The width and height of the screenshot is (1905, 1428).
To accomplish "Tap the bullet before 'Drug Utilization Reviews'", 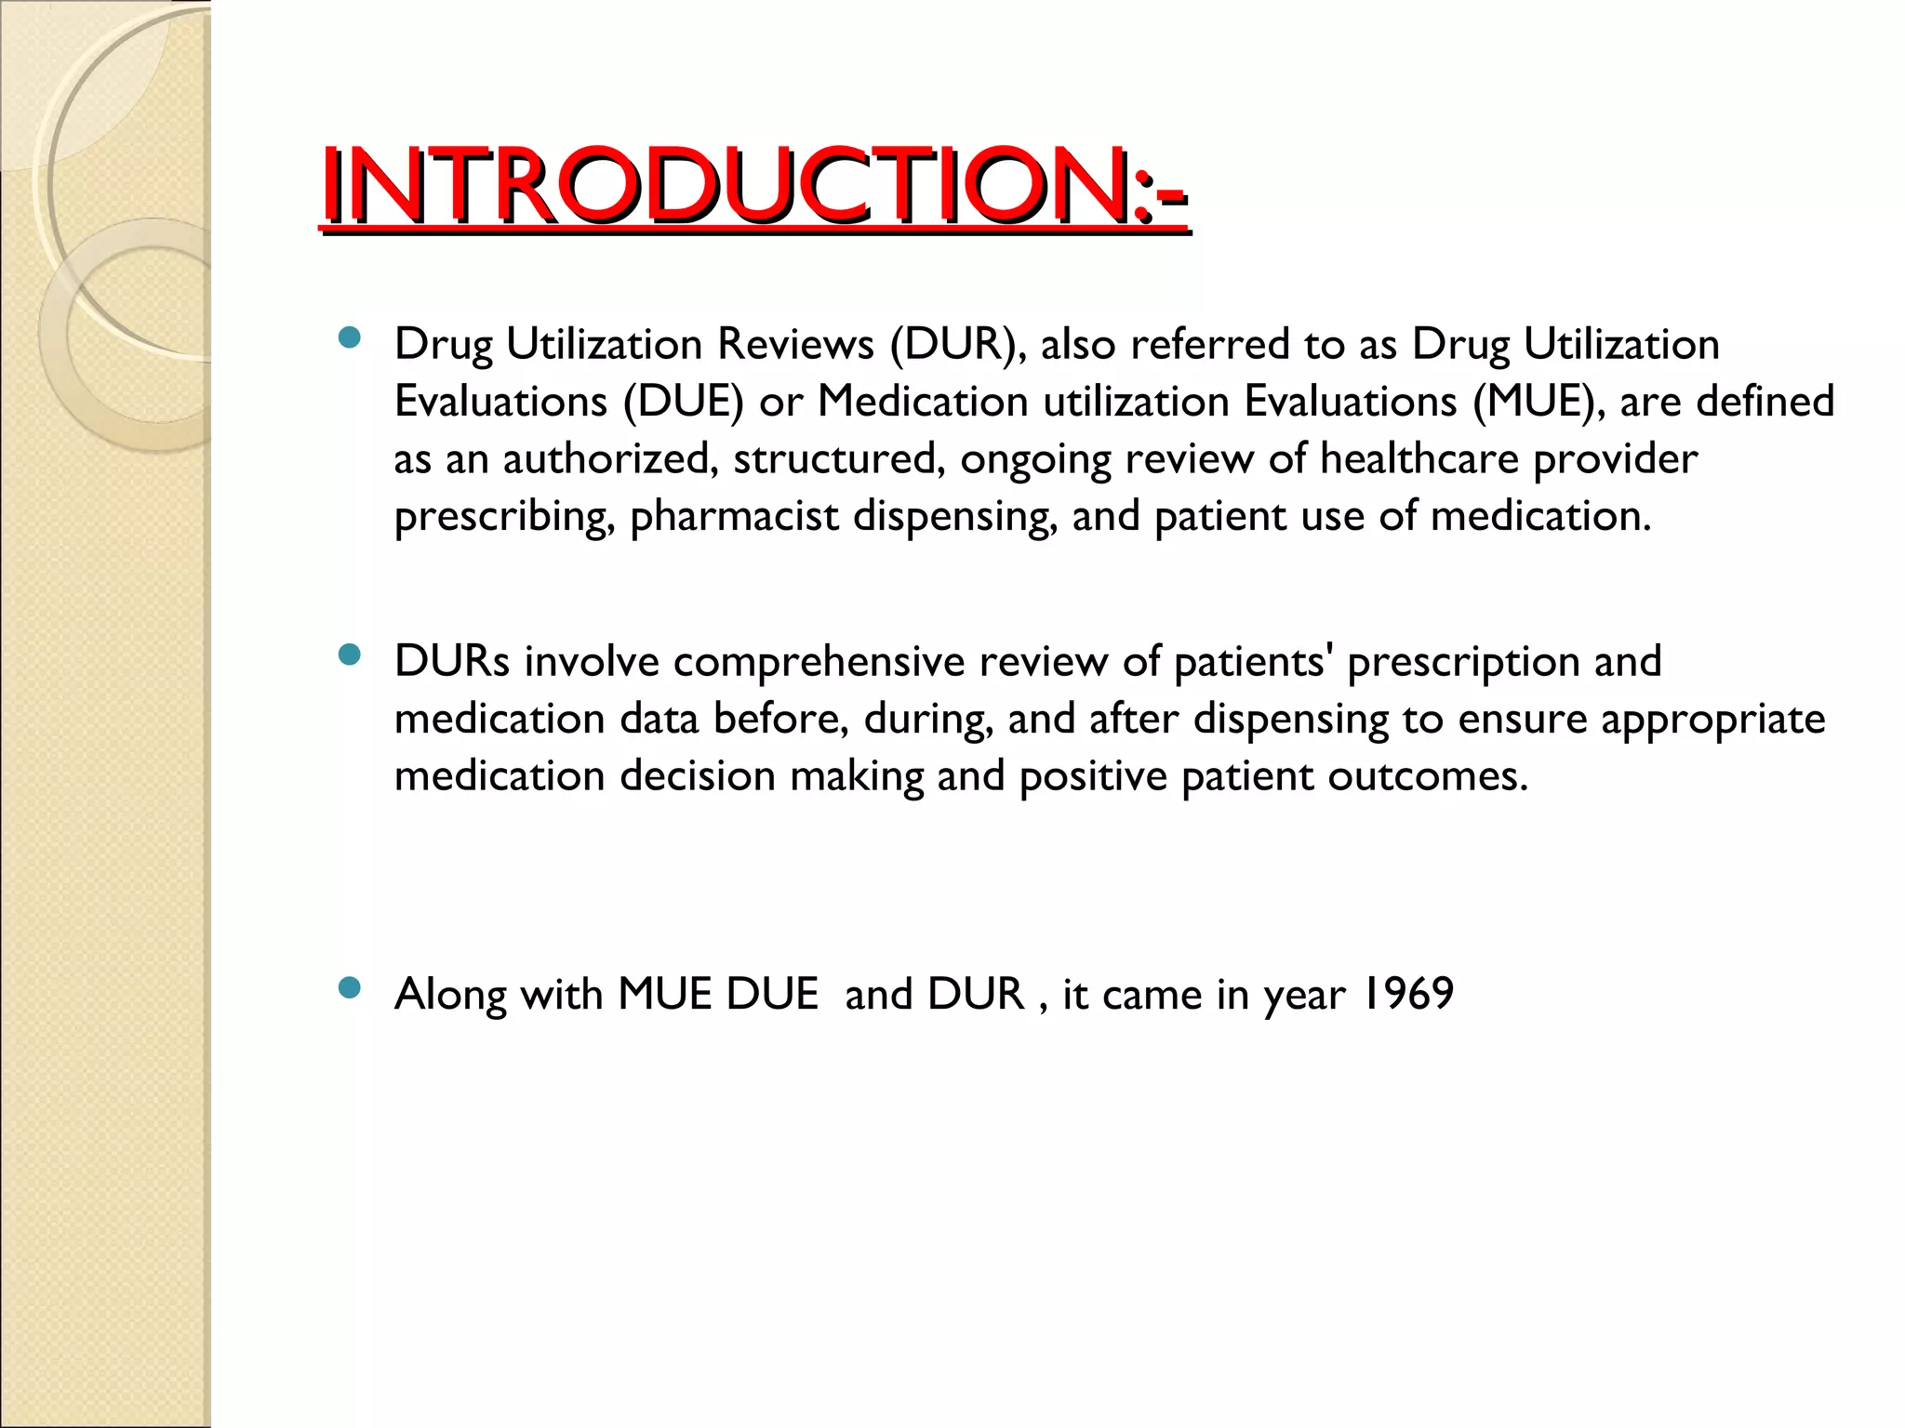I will pos(350,337).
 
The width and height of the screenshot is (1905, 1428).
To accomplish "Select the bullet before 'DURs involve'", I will pos(350,655).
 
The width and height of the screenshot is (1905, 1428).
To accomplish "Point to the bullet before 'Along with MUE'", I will pos(350,988).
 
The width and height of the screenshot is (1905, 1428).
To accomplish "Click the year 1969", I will pos(1406,994).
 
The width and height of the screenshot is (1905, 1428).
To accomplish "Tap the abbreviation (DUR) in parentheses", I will pos(958,344).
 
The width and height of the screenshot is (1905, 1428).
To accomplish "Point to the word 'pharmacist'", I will pos(735,517).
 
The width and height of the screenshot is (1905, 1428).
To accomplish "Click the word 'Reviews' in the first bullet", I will pos(795,344).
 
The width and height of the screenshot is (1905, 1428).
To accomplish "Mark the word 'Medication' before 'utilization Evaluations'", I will pos(923,402).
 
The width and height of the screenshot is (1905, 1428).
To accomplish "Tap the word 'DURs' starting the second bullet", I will pos(452,662).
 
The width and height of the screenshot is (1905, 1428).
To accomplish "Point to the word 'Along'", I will pos(450,994).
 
